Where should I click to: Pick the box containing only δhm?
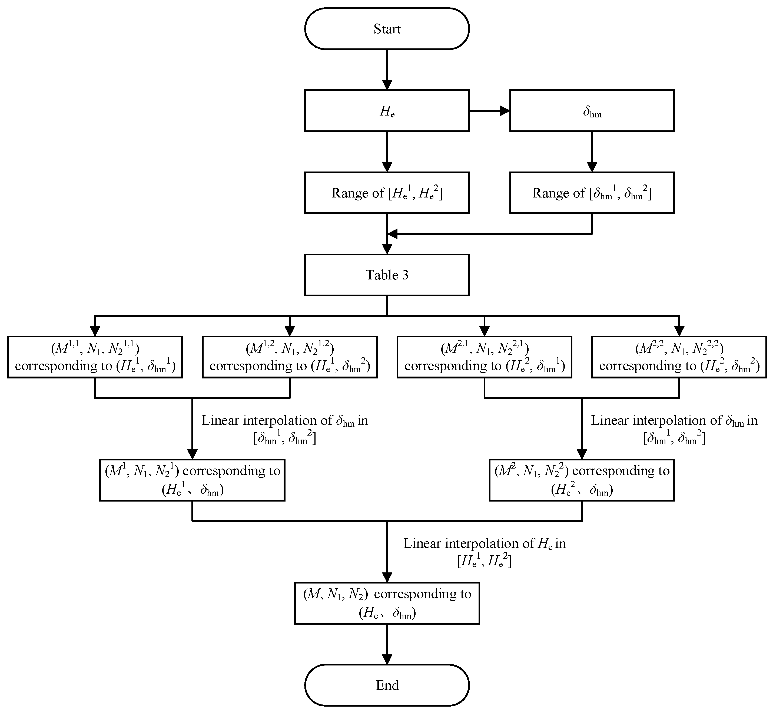pyautogui.click(x=592, y=111)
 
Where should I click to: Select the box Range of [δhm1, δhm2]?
pyautogui.click(x=592, y=193)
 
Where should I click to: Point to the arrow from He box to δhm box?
pyautogui.click(x=489, y=111)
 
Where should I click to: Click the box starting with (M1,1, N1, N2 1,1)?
pyautogui.click(x=95, y=357)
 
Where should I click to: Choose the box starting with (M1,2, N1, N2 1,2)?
pyautogui.click(x=289, y=357)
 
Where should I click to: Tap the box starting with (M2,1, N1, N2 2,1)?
pyautogui.click(x=484, y=357)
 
